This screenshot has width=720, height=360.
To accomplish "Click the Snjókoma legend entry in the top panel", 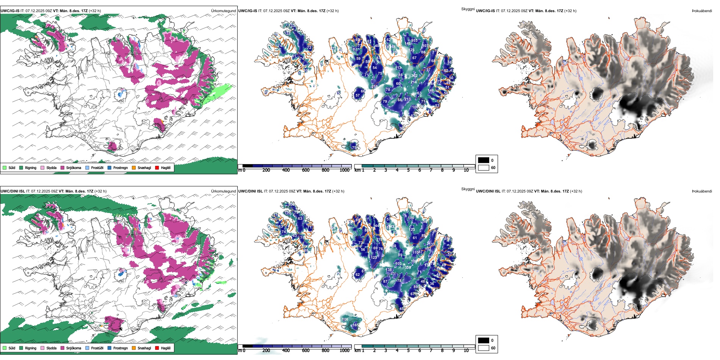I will point(74,167).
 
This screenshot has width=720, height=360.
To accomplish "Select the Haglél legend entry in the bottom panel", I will point(166,348).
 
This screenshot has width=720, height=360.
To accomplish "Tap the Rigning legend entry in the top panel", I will point(31,167).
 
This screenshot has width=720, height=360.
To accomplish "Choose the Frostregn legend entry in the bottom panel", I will point(121,348).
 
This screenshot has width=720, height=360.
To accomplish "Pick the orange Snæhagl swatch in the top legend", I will point(134,167).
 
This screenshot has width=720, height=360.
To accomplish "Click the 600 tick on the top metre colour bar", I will point(305,170).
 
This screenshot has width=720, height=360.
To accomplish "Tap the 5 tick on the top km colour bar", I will point(408,170).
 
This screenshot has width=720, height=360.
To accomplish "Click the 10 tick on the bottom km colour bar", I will point(466,351).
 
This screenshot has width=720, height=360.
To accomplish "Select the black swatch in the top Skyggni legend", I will point(484,160).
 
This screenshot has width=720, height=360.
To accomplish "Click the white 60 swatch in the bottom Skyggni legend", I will point(484,348).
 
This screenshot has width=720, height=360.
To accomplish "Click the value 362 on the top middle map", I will point(414,76).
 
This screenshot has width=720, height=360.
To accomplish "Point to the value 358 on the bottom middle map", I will point(408,268).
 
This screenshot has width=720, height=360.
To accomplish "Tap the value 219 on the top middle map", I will point(374,87).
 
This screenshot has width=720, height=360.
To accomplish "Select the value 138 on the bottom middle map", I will point(389,270).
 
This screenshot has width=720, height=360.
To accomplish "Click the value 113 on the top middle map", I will point(399,68).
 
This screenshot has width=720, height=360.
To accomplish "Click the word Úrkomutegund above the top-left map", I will point(223,11).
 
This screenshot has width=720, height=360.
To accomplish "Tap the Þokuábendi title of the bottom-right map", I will point(702,191).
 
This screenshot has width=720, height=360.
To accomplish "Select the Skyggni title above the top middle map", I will point(468,9).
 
